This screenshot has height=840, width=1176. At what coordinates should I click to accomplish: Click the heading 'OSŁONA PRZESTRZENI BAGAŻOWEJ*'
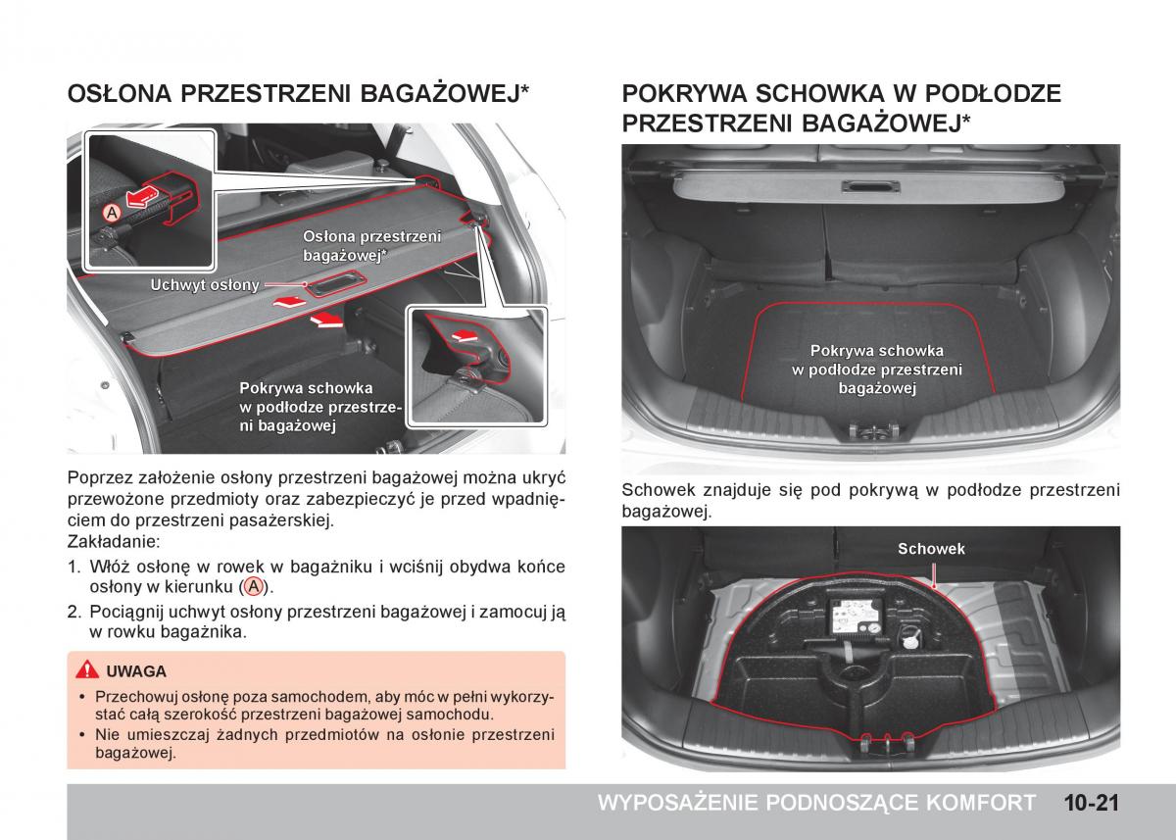pos(299,93)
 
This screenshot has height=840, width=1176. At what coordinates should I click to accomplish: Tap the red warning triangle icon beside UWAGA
pos(88,671)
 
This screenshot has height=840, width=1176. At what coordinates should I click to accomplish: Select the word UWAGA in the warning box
pos(136,672)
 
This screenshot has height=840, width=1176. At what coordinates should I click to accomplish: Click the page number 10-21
pos(1089,803)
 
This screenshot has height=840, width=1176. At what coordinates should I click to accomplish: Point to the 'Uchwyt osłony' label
pos(205,285)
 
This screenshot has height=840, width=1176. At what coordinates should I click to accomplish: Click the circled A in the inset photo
pos(113,212)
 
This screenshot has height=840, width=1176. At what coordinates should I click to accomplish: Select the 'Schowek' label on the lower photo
pos(931,549)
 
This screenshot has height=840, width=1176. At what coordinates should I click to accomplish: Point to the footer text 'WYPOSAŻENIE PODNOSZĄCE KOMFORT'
pos(815,803)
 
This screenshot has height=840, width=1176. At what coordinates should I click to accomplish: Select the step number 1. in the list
pos(73,567)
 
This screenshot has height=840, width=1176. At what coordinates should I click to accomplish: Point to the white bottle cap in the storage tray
pos(911,641)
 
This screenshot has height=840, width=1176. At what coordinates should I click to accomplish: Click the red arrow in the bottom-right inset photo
pos(462,335)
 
